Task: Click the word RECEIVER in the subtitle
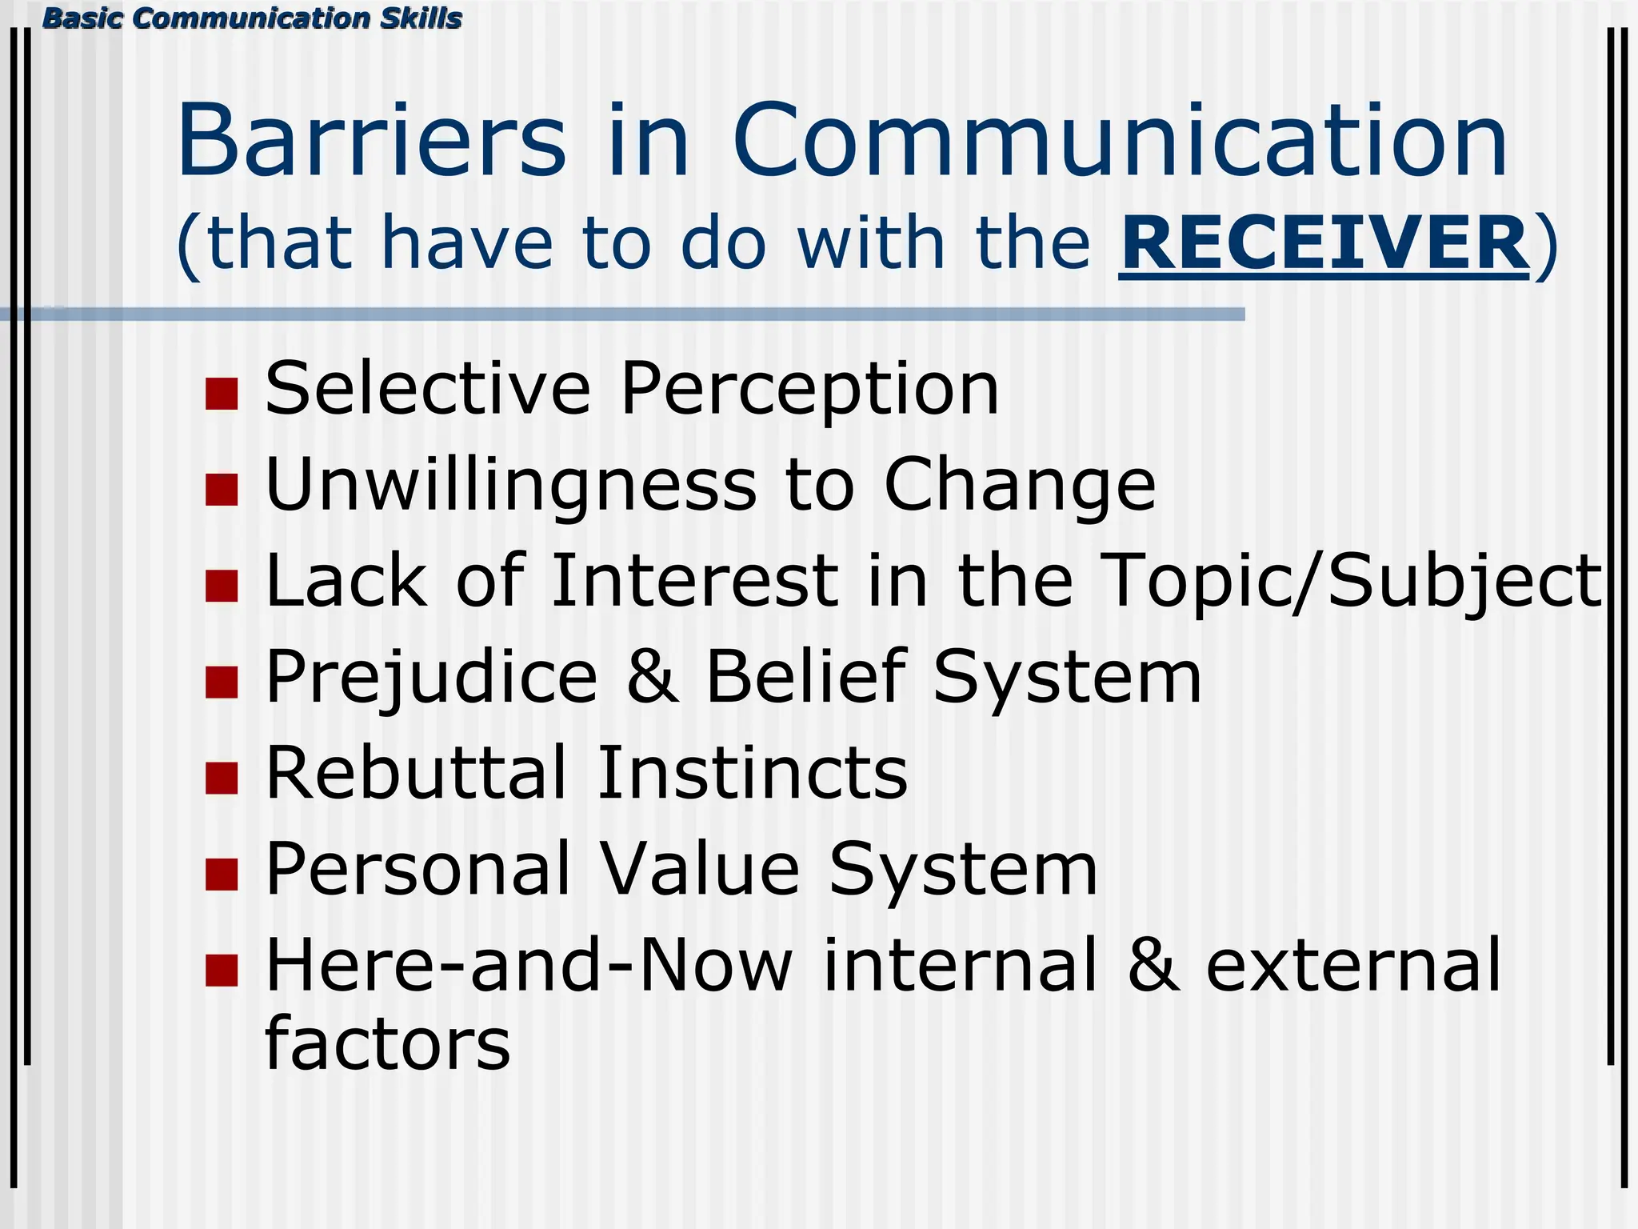click(x=1324, y=243)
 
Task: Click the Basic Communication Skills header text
click(x=252, y=18)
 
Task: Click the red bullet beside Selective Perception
click(x=222, y=394)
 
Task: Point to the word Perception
click(x=809, y=390)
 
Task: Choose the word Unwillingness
click(x=510, y=486)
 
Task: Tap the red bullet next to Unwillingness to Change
click(x=222, y=490)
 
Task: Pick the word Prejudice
click(x=432, y=678)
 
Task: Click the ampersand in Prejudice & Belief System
click(x=653, y=677)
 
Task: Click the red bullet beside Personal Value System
click(x=222, y=875)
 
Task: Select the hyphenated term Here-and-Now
click(x=529, y=965)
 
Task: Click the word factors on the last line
click(x=387, y=1043)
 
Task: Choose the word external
click(x=1352, y=965)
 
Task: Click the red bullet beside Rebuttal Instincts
click(x=222, y=778)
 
